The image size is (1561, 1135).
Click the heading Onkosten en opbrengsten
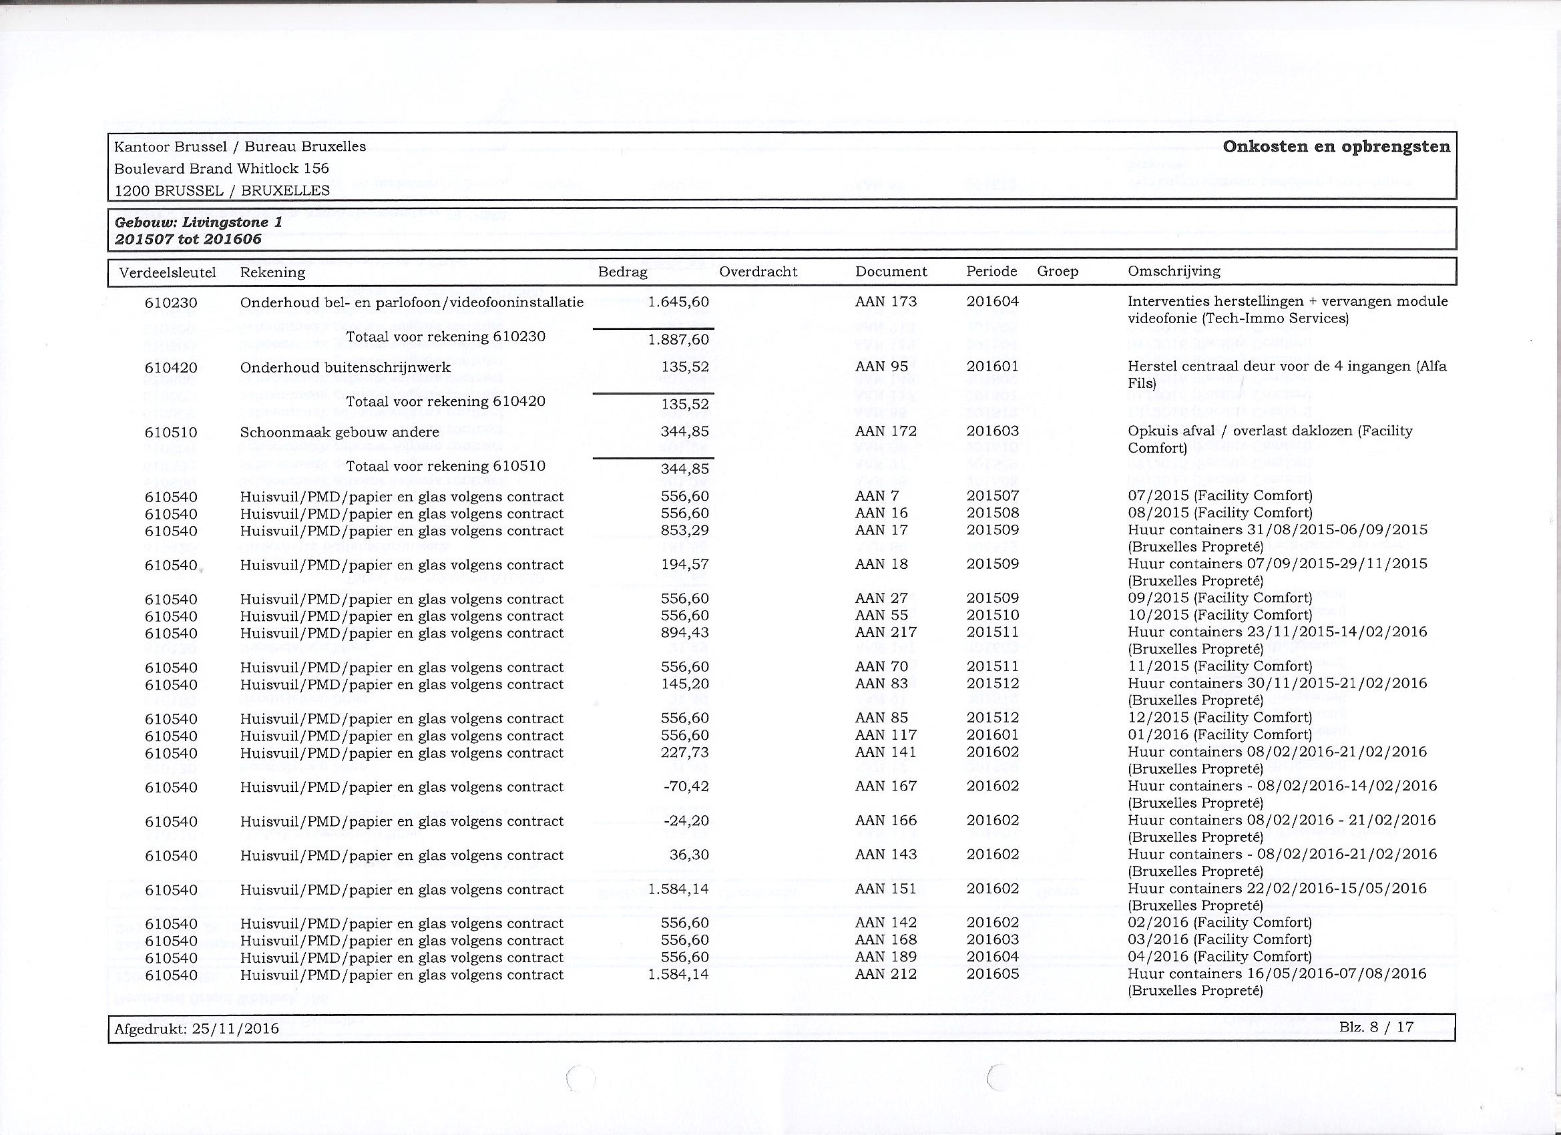(1336, 147)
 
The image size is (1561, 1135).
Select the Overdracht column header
(758, 272)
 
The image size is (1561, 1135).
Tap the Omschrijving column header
(1174, 271)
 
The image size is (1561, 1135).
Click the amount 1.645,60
(678, 302)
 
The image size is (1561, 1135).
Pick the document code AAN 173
(886, 302)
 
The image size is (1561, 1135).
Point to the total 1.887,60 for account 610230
(678, 340)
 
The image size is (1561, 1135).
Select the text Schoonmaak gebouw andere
(339, 432)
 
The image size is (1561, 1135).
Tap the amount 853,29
(684, 530)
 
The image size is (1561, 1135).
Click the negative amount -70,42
(686, 786)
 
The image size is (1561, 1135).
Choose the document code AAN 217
(886, 632)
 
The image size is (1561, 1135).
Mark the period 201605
(993, 974)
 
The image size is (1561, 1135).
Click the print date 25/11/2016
(236, 1028)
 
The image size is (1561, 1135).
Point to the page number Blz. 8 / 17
(1377, 1027)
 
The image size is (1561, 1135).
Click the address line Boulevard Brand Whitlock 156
(222, 169)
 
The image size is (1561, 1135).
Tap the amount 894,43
(684, 632)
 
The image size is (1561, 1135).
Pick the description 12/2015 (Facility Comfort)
(1220, 717)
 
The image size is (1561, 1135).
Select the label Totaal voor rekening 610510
(445, 466)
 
